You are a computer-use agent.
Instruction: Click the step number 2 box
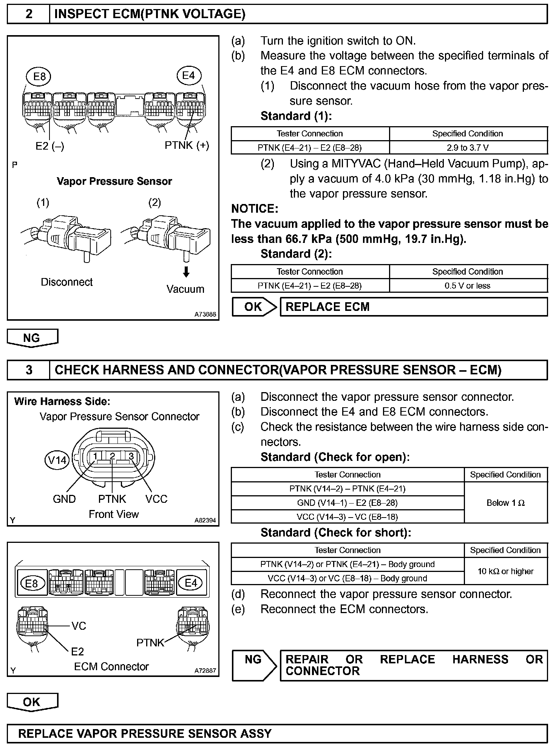pos(28,14)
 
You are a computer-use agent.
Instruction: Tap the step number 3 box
pos(28,370)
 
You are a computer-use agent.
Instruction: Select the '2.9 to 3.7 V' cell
pos(468,148)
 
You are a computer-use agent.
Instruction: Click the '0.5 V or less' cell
pos(468,286)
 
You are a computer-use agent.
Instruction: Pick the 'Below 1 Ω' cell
pos(505,503)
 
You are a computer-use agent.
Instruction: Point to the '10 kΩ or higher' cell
pos(505,571)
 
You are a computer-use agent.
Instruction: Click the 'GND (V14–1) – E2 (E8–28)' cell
pos(347,503)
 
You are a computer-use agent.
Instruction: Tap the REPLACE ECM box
pos(413,307)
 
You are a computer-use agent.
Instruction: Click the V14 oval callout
pos(57,460)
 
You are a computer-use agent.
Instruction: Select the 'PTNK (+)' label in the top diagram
pos(187,145)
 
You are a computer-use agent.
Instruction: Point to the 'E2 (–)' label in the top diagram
pos(50,146)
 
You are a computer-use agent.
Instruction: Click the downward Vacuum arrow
pos(186,272)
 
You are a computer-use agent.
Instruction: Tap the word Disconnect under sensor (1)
pos(66,282)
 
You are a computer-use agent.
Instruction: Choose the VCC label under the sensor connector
pos(156,499)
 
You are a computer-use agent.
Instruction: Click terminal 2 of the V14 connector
pos(112,456)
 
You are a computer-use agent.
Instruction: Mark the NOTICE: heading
pos(255,209)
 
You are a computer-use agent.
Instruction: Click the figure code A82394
pos(205,520)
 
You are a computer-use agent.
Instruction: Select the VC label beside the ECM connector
pos(79,626)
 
